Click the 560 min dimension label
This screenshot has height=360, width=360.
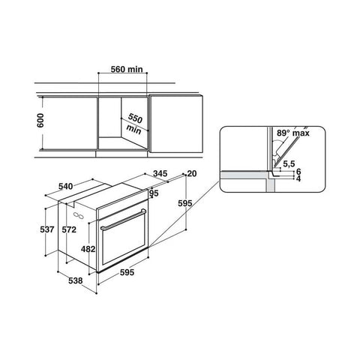tap(127, 69)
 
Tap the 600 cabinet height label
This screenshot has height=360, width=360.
tap(40, 121)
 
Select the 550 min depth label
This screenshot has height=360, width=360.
tap(134, 124)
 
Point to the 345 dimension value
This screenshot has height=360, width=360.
tap(160, 173)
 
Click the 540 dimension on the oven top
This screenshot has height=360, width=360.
tap(66, 186)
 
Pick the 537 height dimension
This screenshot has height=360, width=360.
tap(47, 229)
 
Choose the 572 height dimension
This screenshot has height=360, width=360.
tap(69, 229)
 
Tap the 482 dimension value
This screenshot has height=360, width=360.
tap(88, 249)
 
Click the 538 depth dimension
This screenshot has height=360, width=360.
tap(76, 280)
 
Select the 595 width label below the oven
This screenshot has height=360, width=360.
tap(127, 272)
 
